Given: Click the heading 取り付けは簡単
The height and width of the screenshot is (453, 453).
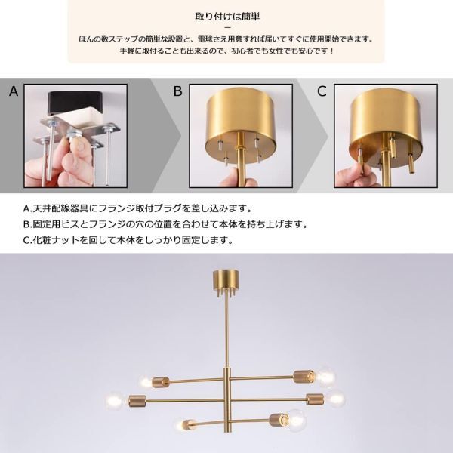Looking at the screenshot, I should (x=226, y=14).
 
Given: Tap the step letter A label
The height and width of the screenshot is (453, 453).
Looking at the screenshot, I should (x=13, y=92).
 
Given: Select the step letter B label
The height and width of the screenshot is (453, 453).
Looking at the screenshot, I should (x=178, y=92).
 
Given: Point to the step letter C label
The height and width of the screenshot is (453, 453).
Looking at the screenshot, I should (x=322, y=92).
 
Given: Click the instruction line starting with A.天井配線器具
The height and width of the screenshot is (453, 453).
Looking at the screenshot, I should (x=146, y=208).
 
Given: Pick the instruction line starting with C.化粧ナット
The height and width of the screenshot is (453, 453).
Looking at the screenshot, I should (x=128, y=241).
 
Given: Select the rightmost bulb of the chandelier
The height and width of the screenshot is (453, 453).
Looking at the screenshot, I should (x=335, y=398).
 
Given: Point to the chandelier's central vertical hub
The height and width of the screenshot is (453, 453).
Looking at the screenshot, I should (x=226, y=393).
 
